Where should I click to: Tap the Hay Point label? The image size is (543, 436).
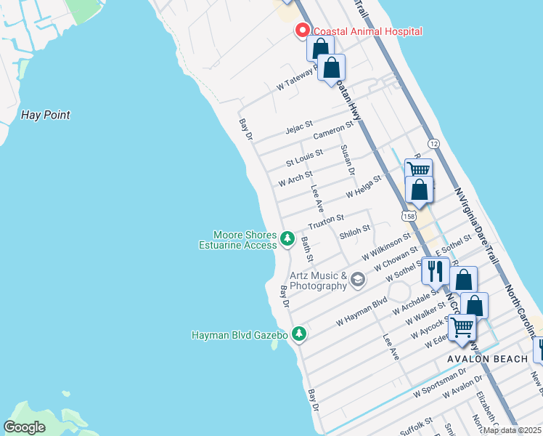45,115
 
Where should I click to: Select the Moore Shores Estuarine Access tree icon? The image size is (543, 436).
287,238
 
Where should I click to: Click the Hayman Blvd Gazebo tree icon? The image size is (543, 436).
298,334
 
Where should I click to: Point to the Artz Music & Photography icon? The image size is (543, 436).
357,279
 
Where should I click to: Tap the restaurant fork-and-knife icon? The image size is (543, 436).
435,270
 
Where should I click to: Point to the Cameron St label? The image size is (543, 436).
332,130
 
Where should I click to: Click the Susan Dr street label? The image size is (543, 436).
346,160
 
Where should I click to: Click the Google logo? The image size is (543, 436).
25,427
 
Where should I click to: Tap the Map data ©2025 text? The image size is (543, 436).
511,430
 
